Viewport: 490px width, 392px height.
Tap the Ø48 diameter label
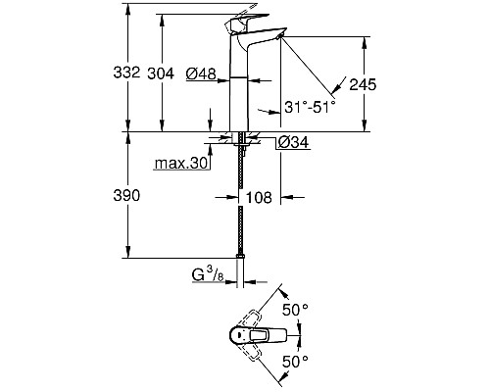[200, 73]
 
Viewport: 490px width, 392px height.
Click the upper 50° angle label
[296, 309]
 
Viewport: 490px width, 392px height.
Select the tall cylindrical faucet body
[240, 88]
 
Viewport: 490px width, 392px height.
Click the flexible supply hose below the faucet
[241, 206]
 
